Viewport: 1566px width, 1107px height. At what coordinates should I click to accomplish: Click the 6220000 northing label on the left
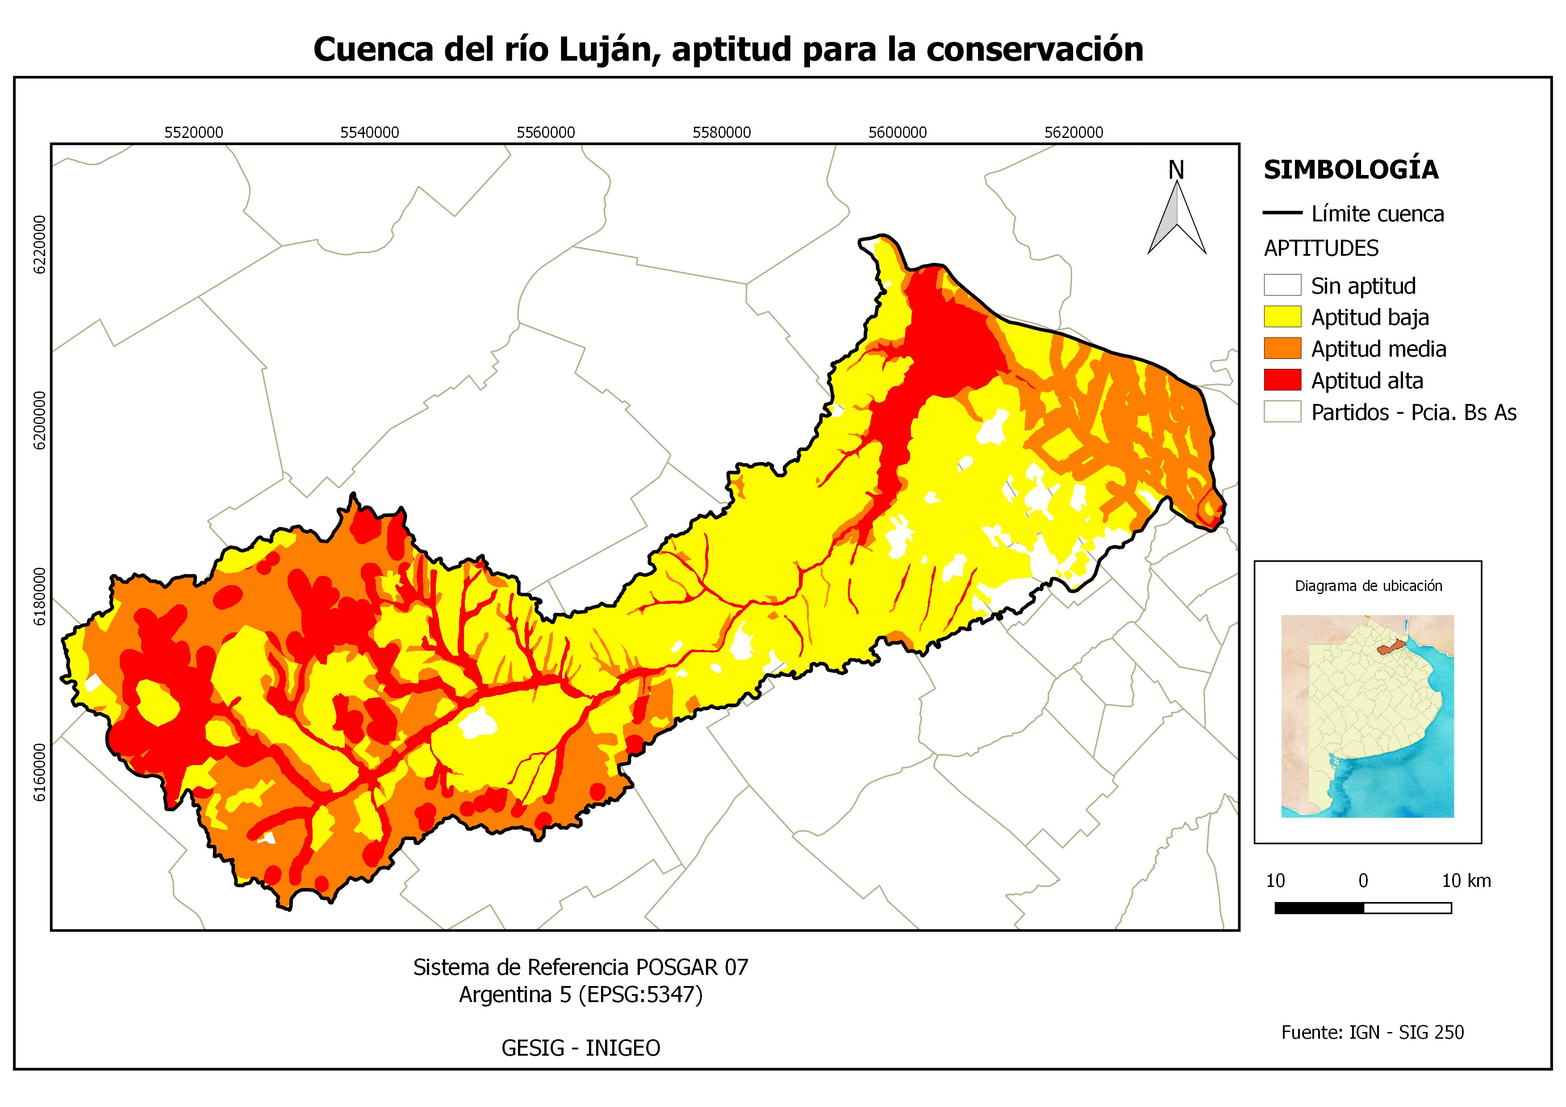point(40,245)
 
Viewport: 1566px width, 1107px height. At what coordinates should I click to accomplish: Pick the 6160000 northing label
point(40,772)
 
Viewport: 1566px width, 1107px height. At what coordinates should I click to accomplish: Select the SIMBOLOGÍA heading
point(1350,170)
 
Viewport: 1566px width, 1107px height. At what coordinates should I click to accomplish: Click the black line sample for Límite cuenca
point(1282,213)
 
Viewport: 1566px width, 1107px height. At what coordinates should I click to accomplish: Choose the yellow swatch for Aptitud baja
point(1282,317)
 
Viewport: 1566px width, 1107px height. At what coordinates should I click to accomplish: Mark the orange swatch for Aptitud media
point(1282,348)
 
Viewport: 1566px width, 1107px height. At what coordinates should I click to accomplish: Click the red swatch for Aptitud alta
point(1282,380)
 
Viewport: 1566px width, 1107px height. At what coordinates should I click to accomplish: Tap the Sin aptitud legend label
point(1363,286)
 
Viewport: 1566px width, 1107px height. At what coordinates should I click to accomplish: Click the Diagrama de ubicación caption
point(1368,586)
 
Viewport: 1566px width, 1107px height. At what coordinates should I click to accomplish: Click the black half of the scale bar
point(1319,908)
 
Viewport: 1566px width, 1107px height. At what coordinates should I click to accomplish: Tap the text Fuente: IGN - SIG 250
point(1372,1032)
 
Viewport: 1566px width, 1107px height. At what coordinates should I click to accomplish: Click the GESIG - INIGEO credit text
point(580,1048)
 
